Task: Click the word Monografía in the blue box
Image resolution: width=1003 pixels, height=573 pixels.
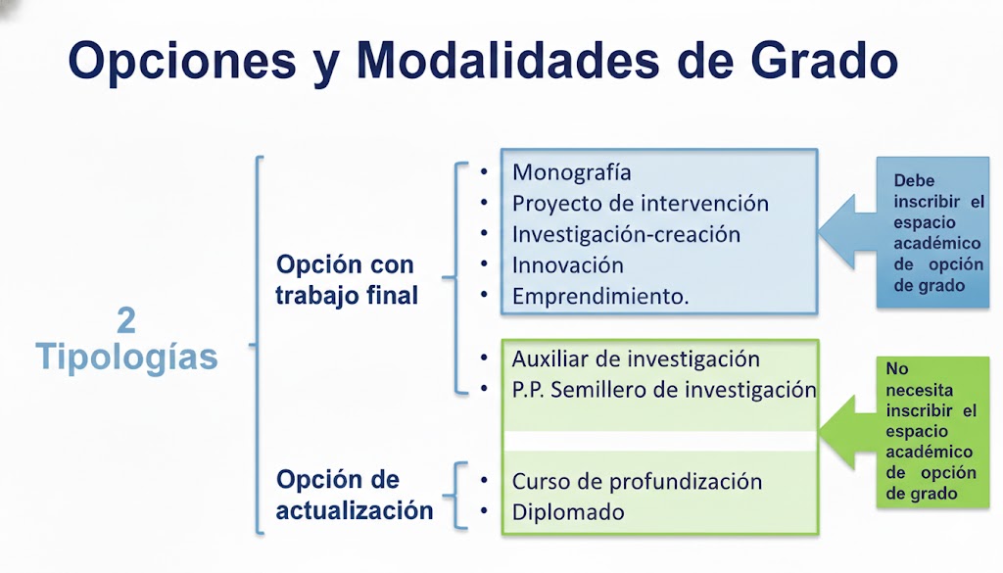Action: tap(572, 172)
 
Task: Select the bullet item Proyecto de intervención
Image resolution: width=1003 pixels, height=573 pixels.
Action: tap(640, 204)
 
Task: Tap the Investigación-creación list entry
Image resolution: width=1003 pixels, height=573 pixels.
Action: tap(626, 235)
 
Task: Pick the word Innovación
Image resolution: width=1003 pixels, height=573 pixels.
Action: tap(567, 265)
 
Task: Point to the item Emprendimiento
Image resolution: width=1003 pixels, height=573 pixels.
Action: tap(600, 297)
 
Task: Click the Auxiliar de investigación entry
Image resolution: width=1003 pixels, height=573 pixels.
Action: tap(636, 358)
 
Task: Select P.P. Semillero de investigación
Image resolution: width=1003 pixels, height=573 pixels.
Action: tap(663, 389)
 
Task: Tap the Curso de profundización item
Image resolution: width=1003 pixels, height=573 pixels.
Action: tap(637, 482)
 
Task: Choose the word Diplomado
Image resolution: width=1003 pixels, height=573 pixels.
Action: tap(568, 512)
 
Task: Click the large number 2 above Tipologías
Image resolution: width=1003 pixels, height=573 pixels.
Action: tap(126, 320)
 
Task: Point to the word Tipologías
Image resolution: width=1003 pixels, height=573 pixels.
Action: tap(126, 357)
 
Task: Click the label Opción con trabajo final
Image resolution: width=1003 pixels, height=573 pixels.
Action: tap(347, 280)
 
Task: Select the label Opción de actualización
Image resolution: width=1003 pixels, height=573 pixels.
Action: tap(354, 496)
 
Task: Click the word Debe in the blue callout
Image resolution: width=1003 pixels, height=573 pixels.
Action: tap(913, 181)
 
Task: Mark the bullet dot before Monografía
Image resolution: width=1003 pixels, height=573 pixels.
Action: tap(484, 173)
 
